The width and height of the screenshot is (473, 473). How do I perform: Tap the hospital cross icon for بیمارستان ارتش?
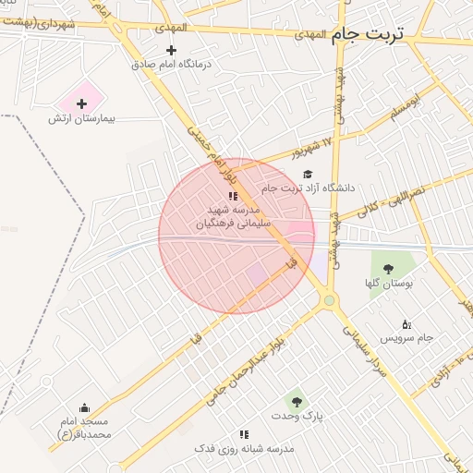(x=81, y=103)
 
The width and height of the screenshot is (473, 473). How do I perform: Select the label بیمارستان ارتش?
(x=82, y=119)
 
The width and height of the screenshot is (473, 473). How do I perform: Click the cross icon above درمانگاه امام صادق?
(x=171, y=50)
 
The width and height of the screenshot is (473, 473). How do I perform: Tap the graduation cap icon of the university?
(x=308, y=173)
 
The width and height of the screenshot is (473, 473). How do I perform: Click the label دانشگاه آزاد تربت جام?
(x=309, y=188)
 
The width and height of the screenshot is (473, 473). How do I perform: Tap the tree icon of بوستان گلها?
(x=385, y=269)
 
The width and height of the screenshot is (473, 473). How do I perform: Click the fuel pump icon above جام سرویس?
(x=406, y=323)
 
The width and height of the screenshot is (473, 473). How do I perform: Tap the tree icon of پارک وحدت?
(x=297, y=401)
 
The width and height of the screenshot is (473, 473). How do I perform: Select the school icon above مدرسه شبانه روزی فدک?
(x=244, y=433)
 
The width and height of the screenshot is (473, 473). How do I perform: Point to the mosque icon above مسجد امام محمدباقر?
(x=85, y=408)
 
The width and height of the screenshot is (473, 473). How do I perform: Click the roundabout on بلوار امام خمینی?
(x=329, y=299)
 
